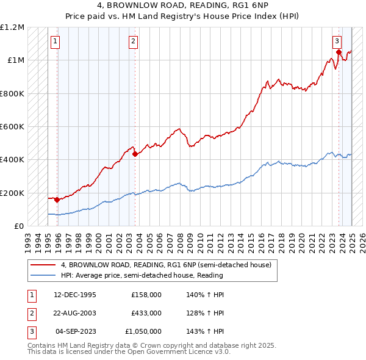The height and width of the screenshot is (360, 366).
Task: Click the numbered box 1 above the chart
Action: (x=56, y=41)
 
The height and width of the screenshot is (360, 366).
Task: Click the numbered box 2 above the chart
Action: (x=133, y=41)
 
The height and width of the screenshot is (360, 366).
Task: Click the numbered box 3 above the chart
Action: (x=337, y=41)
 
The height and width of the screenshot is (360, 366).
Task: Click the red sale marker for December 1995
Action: (x=57, y=200)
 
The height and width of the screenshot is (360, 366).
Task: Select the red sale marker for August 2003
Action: (x=135, y=154)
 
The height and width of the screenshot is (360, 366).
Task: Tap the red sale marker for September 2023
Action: (x=339, y=52)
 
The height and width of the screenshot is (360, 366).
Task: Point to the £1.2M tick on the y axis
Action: (x=12, y=27)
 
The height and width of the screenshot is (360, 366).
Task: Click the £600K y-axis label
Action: (x=12, y=127)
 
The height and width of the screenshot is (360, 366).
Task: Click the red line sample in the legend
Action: (x=43, y=265)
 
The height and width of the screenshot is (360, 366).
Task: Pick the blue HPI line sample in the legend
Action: (x=43, y=275)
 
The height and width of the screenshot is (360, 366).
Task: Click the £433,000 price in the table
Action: (x=146, y=312)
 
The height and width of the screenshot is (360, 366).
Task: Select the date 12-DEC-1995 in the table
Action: (x=75, y=294)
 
